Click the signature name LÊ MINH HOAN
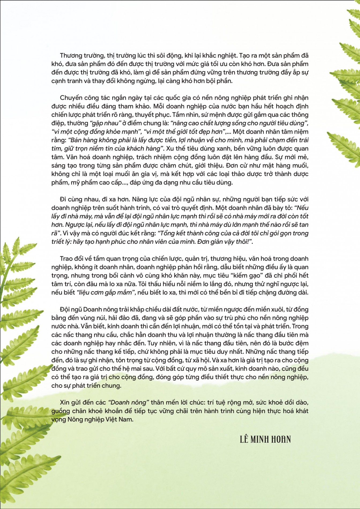coord(265,440)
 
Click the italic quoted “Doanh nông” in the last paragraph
coord(129,402)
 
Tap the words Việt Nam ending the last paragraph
coord(122,419)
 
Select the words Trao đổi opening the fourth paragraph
coord(71,259)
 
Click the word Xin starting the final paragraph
coord(65,402)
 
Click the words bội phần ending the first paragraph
coord(220,81)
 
